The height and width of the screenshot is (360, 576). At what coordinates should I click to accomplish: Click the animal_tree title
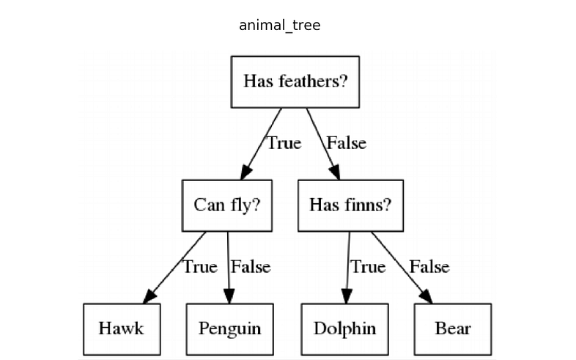pyautogui.click(x=279, y=26)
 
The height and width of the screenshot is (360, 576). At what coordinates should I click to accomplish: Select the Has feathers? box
pyautogui.click(x=295, y=81)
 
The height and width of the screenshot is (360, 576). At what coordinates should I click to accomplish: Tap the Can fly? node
pyautogui.click(x=227, y=205)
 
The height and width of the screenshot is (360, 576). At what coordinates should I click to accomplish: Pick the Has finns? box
pyautogui.click(x=350, y=205)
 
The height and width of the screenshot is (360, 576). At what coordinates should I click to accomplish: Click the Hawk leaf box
pyautogui.click(x=122, y=328)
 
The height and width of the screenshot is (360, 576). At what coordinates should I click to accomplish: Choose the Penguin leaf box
pyautogui.click(x=229, y=328)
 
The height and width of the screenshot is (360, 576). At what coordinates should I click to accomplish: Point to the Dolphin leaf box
pyautogui.click(x=344, y=328)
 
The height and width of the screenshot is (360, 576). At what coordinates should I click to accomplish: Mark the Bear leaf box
pyautogui.click(x=453, y=328)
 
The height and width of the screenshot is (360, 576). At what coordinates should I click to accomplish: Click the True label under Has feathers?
pyautogui.click(x=284, y=143)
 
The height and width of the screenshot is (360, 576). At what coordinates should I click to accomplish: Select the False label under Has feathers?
pyautogui.click(x=346, y=143)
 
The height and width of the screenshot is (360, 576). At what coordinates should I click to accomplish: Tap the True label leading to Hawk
pyautogui.click(x=200, y=267)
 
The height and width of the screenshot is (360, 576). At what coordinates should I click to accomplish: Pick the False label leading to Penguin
pyautogui.click(x=251, y=267)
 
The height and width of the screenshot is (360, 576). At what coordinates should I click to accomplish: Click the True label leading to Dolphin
pyautogui.click(x=368, y=267)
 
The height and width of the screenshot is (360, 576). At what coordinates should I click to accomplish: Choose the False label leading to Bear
pyautogui.click(x=429, y=267)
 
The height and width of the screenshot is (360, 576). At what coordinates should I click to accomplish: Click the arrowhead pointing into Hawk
pyautogui.click(x=149, y=296)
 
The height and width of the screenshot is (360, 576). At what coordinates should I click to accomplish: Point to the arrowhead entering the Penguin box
pyautogui.click(x=229, y=296)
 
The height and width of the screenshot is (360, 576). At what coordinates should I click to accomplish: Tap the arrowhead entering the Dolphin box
pyautogui.click(x=347, y=295)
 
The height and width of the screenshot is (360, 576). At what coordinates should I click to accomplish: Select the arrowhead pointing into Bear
pyautogui.click(x=426, y=295)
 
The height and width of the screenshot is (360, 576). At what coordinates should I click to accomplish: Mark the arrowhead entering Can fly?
pyautogui.click(x=245, y=172)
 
